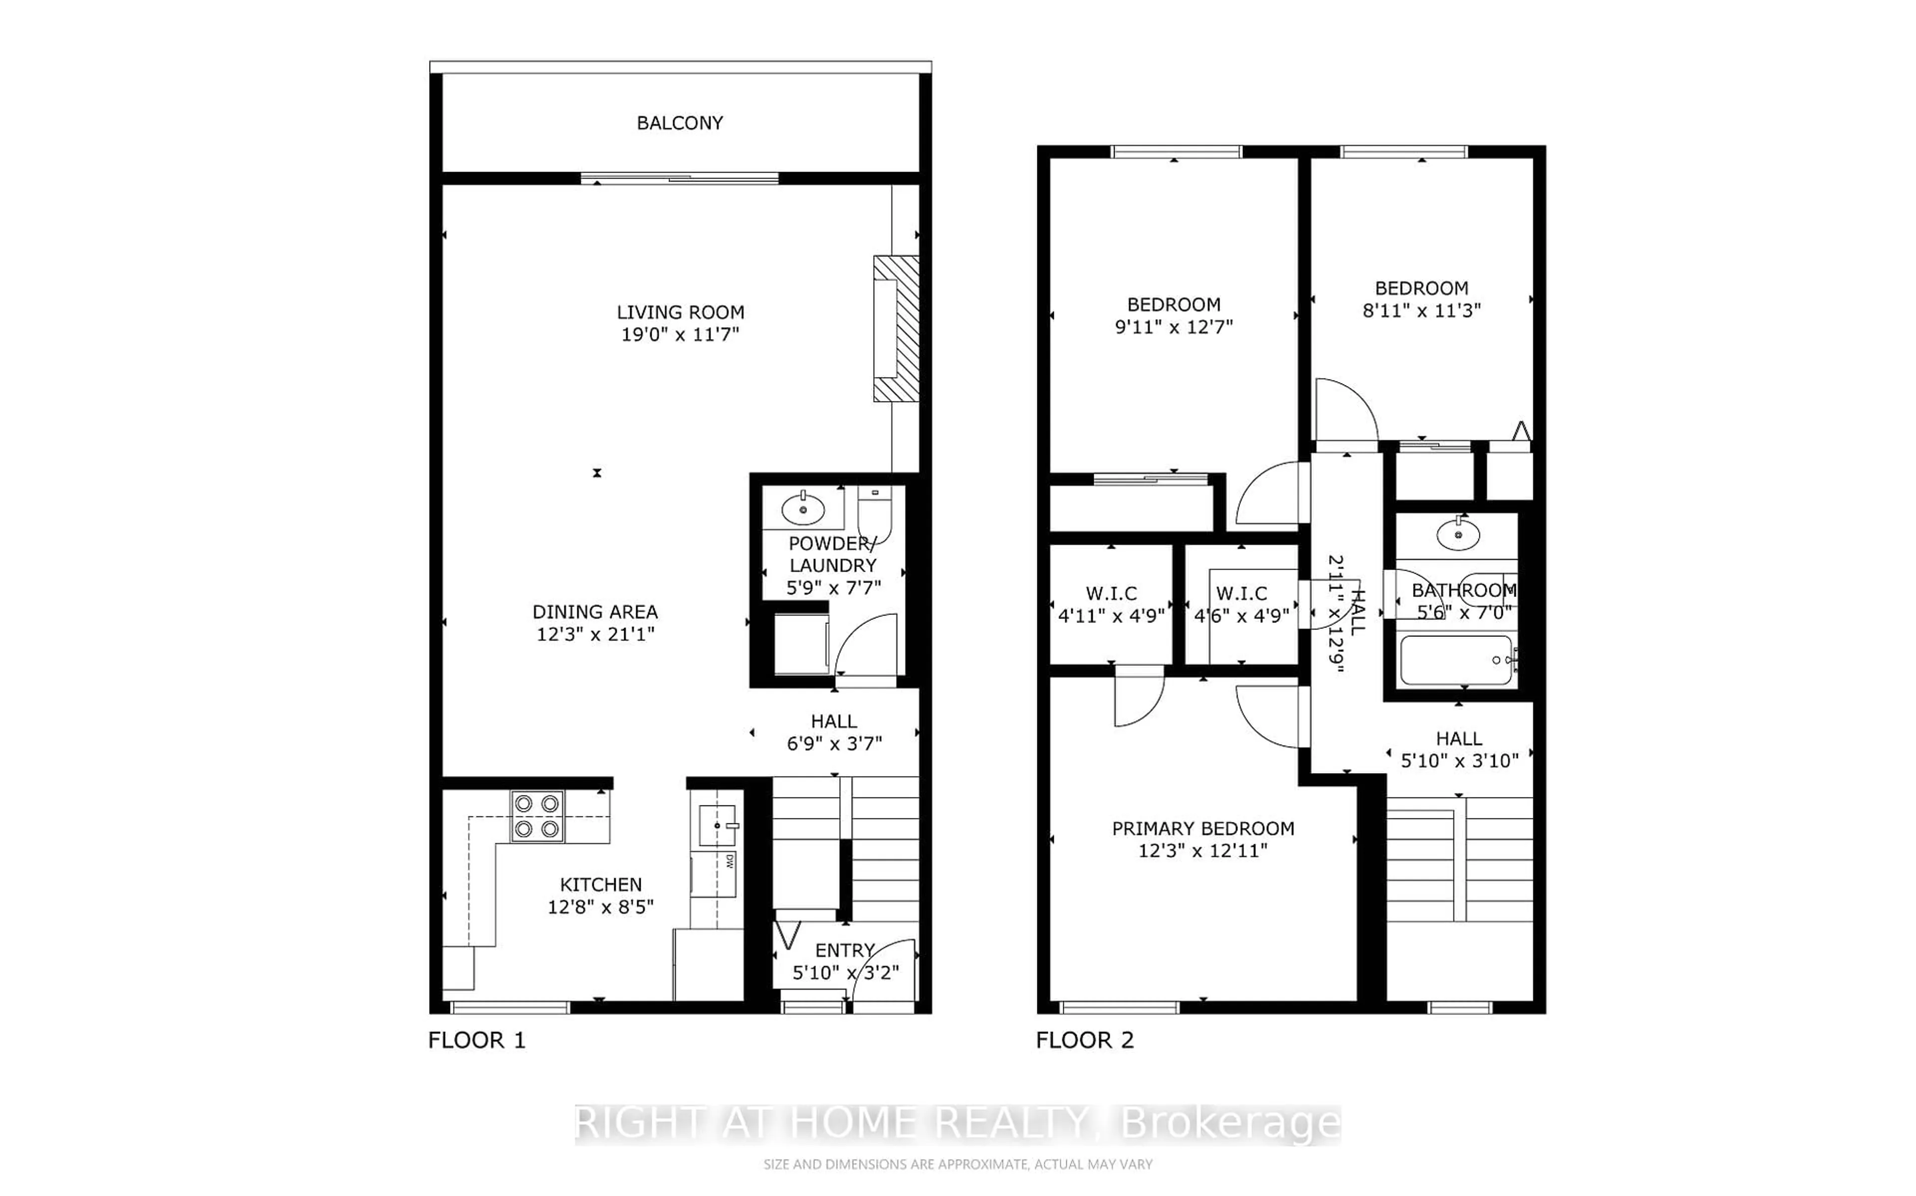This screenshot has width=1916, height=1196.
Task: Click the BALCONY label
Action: coord(680,123)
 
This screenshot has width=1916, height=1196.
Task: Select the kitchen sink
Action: coord(717,826)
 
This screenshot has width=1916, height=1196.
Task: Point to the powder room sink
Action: coord(803,509)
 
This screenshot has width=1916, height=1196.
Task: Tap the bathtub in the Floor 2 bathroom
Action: coord(1455,660)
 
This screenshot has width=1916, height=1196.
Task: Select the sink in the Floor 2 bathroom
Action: coord(1457,536)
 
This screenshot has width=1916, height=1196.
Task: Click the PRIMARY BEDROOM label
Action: coord(1202,829)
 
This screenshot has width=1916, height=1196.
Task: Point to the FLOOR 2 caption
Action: coord(1085,1040)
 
